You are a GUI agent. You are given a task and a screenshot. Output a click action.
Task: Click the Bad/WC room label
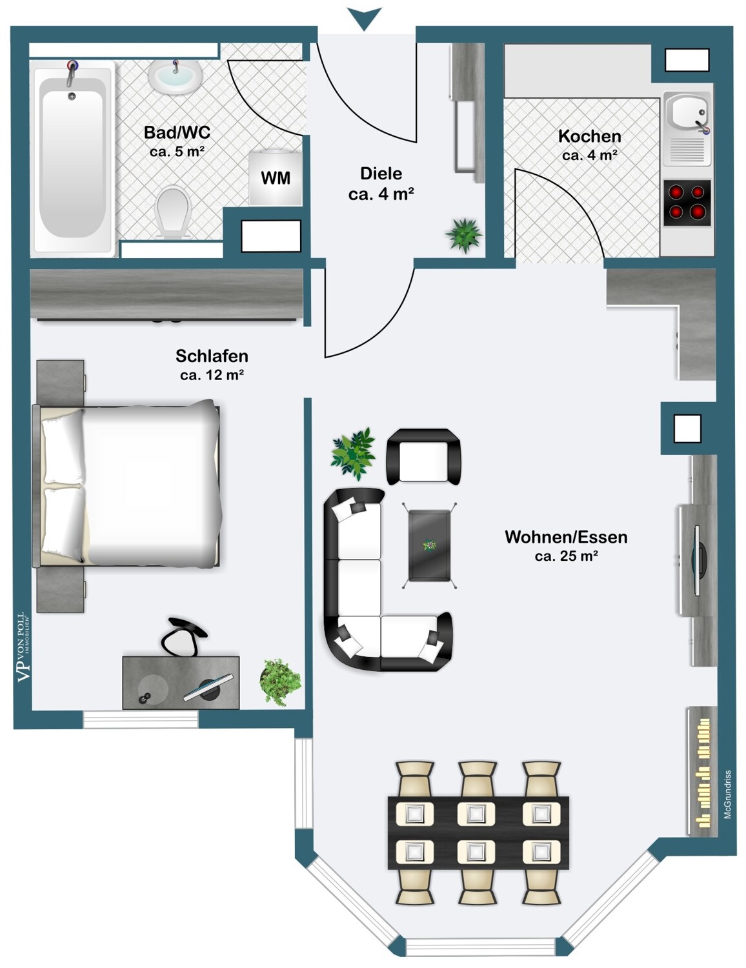(x=177, y=132)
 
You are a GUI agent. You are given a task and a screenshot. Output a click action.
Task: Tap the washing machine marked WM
(x=276, y=178)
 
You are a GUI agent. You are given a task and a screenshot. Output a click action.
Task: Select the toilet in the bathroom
(x=173, y=212)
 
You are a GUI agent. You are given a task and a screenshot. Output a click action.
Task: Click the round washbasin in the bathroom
(x=176, y=77)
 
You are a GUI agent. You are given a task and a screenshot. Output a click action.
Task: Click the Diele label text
(x=381, y=174)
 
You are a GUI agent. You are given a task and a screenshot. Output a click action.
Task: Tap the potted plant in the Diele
(x=464, y=234)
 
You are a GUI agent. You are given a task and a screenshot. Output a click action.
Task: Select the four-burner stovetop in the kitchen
(x=687, y=203)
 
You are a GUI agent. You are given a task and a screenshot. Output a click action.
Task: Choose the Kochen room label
(x=589, y=136)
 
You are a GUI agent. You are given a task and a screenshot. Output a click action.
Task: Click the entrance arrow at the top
(x=365, y=19)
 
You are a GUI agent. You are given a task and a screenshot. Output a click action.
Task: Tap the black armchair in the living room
(x=423, y=457)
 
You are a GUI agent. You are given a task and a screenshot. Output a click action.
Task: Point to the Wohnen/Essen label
(x=566, y=537)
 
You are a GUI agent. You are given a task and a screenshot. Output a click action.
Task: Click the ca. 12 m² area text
(x=212, y=375)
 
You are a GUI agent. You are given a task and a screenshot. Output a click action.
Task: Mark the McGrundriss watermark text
(x=728, y=794)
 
